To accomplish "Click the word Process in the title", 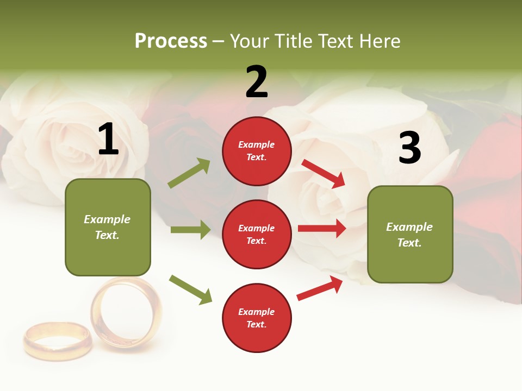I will (171, 41).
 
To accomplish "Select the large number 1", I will (108, 140).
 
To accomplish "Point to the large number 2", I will (257, 82).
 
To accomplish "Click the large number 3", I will (409, 148).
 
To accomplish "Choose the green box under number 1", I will (108, 227).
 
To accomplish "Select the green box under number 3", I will (410, 235).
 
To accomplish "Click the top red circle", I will (257, 151).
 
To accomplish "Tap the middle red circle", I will (257, 234).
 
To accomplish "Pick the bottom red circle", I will (257, 318).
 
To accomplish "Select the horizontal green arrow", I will (190, 230).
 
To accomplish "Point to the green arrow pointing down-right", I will (190, 289).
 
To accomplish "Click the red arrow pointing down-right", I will (324, 173).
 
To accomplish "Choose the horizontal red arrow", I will (322, 229).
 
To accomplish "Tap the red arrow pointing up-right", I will (320, 288).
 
